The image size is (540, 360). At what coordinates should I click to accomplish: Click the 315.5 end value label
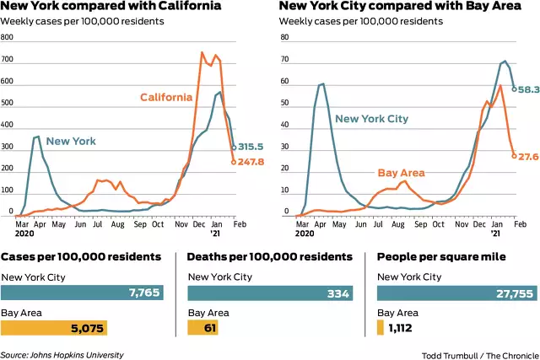(252, 147)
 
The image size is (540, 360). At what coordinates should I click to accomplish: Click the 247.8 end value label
(253, 162)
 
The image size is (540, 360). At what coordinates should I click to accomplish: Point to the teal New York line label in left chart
(71, 141)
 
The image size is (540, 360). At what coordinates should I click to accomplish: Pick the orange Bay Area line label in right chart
(401, 173)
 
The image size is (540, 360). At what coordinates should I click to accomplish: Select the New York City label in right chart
(371, 119)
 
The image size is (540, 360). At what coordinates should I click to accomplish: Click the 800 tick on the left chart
(8, 39)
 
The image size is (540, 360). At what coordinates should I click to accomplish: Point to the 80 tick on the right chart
(285, 39)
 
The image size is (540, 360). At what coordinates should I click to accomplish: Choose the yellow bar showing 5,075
(55, 326)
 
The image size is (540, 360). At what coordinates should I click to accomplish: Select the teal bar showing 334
(268, 293)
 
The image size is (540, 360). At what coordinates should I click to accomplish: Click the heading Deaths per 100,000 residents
(269, 255)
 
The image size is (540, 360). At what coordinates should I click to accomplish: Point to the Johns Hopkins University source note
(62, 355)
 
